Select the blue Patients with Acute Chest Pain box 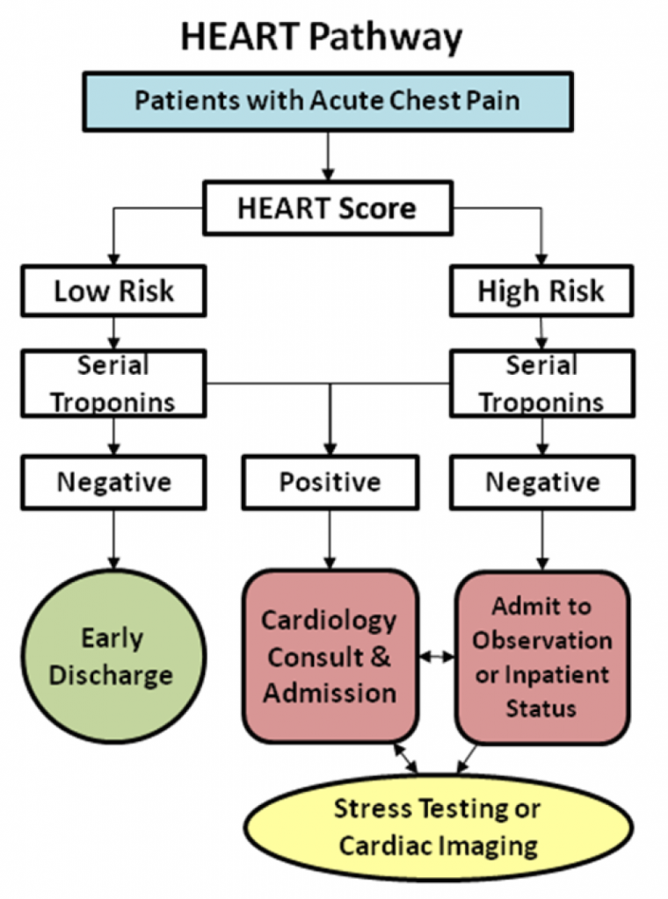(327, 100)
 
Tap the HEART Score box (327, 209)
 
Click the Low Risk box (114, 291)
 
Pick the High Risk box (541, 291)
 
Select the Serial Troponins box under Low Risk (114, 383)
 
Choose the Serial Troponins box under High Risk (541, 383)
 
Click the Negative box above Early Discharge (114, 482)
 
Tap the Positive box (330, 482)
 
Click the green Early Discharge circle (113, 657)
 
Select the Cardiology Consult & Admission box (330, 657)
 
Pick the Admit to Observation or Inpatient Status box (541, 657)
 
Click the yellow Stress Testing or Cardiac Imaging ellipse (438, 827)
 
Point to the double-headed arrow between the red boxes (437, 656)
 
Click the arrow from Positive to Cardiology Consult (330, 539)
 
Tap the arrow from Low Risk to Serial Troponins (113, 332)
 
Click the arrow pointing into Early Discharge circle (113, 539)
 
